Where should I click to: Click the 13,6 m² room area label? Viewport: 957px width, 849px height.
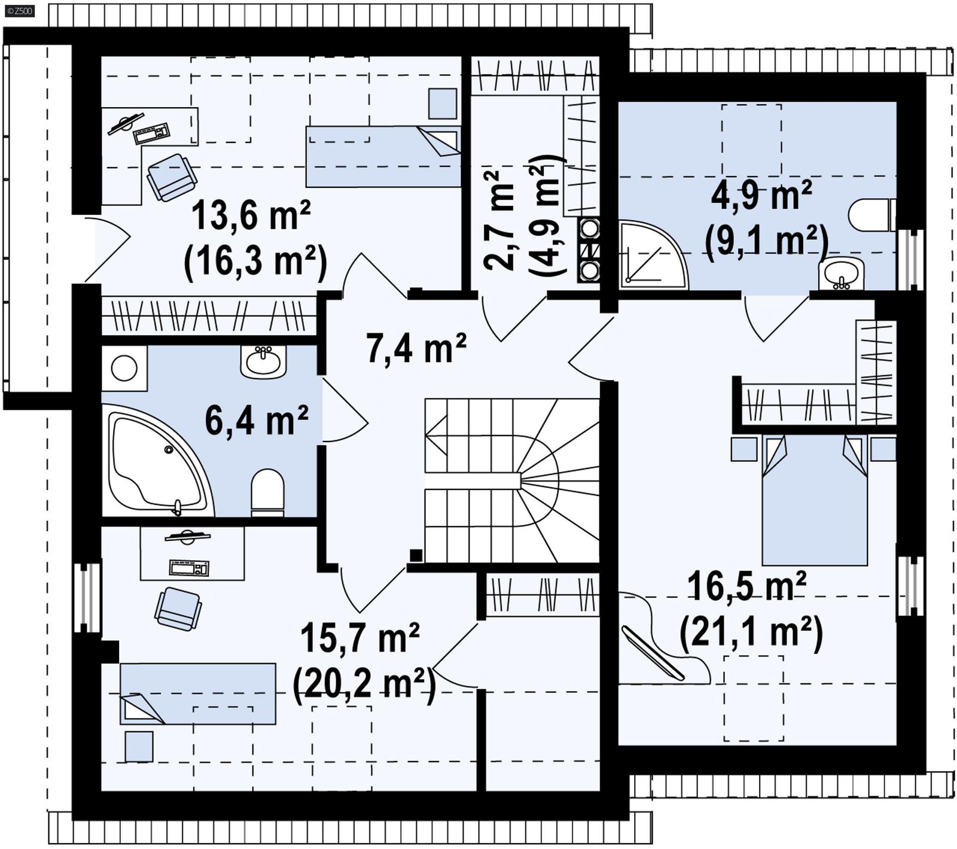(251, 217)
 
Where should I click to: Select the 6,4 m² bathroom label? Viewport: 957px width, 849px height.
(257, 420)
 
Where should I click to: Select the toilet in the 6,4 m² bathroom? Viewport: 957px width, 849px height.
(267, 492)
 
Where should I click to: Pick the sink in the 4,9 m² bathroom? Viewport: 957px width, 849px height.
(842, 275)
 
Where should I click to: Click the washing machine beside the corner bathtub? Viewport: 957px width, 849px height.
(124, 369)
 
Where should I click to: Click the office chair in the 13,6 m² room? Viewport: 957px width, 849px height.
(171, 177)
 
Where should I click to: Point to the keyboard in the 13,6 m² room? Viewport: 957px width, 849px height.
(151, 133)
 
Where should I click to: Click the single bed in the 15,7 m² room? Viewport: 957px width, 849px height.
(198, 693)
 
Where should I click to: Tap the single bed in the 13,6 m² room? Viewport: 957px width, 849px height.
(383, 156)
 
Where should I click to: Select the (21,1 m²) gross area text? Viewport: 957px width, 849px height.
(751, 632)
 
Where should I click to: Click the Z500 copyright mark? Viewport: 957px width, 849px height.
(17, 10)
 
